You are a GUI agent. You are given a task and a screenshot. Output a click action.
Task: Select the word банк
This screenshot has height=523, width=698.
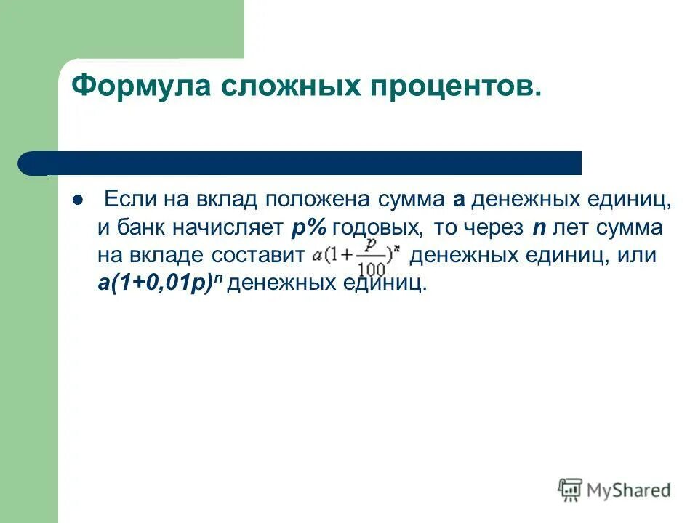[140, 227]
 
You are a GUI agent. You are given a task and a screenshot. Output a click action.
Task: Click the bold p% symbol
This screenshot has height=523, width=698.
[308, 228]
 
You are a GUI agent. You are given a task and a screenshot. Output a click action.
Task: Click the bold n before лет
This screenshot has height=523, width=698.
[539, 229]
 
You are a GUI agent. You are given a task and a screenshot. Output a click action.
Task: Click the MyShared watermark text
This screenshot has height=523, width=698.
[630, 490]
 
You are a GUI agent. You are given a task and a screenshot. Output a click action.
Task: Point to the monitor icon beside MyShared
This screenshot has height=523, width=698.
[571, 490]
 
